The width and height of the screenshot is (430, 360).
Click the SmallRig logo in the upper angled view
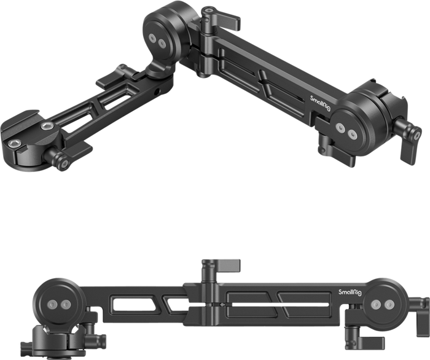point(320,103)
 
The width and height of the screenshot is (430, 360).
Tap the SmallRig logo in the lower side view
point(350,292)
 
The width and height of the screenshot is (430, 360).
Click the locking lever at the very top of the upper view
point(221,18)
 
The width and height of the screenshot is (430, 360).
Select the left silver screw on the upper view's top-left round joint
point(152,37)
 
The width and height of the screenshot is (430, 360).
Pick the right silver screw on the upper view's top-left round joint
point(162,43)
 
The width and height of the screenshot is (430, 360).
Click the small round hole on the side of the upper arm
point(157,92)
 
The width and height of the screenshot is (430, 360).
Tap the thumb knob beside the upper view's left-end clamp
point(61,160)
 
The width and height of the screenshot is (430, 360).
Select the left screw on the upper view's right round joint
point(340,127)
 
